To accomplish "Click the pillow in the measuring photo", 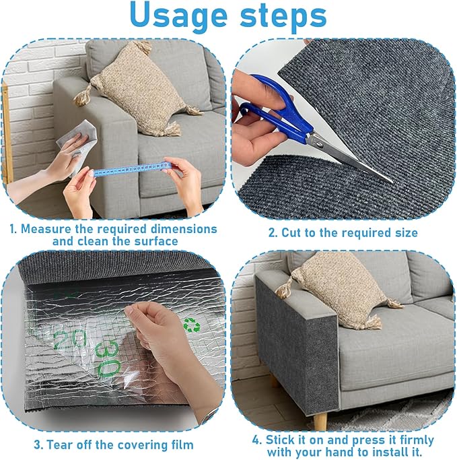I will pos(138,84).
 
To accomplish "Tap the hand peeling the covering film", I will pos(158,337).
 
